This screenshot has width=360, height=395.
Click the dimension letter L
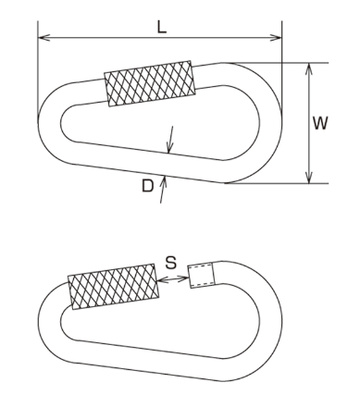coord(162,28)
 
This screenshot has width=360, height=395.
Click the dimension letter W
coord(320,123)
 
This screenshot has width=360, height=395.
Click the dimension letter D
coord(147,186)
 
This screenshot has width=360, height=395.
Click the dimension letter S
coord(170,263)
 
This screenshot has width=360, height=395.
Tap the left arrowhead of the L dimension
coord(43,38)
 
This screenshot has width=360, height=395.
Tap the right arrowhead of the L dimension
coord(276,38)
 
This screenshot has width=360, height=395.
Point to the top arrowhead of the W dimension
coord(309,69)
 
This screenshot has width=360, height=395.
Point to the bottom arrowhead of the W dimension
coord(309,178)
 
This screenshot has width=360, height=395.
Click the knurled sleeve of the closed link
coord(150,83)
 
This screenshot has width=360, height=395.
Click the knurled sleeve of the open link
coord(114,286)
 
